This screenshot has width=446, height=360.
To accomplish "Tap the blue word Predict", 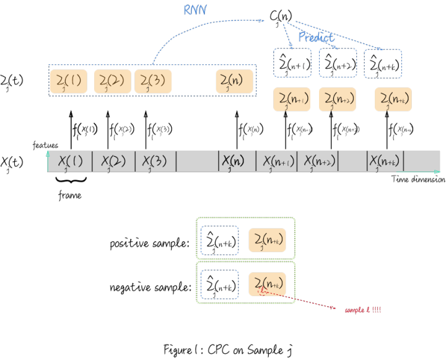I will coord(316,37).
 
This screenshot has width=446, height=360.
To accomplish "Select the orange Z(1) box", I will coord(68,82).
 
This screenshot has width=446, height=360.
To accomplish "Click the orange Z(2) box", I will coord(112,82).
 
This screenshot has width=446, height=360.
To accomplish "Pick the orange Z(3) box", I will coord(153,82).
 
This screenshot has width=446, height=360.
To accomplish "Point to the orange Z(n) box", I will coord(235,82).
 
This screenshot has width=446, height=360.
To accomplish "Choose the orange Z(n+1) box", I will coord(292,100).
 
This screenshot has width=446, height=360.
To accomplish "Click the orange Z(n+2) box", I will coord(338,100).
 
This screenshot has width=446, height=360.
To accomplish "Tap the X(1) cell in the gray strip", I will coord(70,162).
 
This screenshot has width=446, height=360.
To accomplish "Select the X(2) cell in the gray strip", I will coord(113,162).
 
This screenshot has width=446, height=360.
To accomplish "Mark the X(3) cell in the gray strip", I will coord(155,162).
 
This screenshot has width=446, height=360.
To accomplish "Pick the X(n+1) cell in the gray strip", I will coord(276,162).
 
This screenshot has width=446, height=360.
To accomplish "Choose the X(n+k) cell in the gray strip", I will coord(384,162).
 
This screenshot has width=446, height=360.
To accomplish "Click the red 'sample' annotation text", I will coord(363,310).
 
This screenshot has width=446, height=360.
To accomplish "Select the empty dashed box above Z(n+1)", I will coord(292,63).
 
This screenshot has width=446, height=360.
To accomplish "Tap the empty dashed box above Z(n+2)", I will coord(338,63).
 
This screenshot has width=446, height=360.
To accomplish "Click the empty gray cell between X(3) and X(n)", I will coord(197,162).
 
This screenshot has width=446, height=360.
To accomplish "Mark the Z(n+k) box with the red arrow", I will coord(268,284).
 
